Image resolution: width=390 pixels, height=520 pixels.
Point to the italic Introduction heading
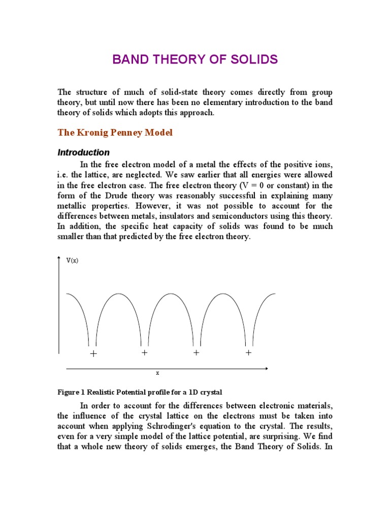(83, 152)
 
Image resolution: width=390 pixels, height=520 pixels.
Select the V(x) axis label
(73, 260)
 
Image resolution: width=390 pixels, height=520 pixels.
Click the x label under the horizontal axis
(157, 373)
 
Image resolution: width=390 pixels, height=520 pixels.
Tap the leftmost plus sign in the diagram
(93, 354)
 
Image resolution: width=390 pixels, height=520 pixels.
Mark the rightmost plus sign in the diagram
(248, 352)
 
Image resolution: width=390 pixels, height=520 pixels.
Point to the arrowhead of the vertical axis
(59, 259)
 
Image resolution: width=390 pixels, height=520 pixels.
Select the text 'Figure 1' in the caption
(71, 392)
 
